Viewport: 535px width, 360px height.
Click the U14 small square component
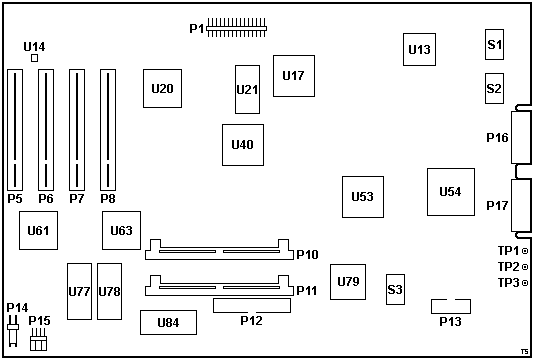tap(34, 58)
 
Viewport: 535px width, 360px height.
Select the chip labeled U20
tap(162, 88)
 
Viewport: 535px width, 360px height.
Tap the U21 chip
tap(247, 89)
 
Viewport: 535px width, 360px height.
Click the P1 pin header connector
tap(236, 28)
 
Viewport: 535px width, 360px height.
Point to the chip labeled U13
tap(419, 49)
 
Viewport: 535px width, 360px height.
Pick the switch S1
tap(494, 45)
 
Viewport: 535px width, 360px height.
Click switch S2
tap(494, 88)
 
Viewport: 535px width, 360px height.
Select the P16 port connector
tap(521, 137)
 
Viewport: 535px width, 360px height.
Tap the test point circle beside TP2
tap(525, 267)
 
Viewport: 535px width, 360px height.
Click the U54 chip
tap(451, 192)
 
